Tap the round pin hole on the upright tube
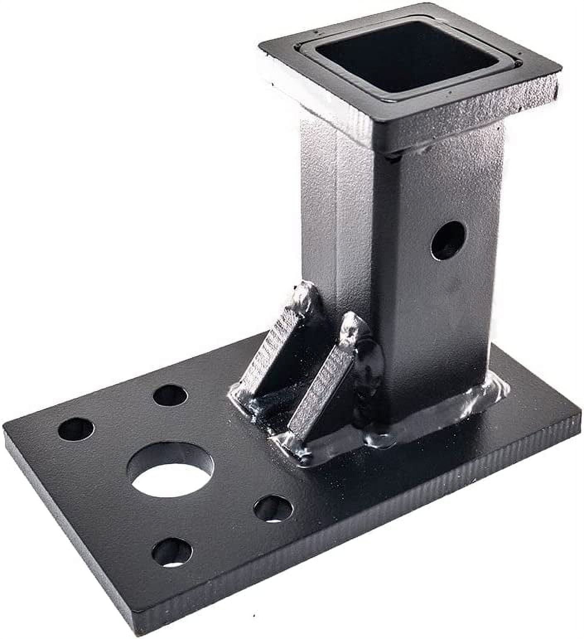[x=448, y=240]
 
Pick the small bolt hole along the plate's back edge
[x=170, y=395]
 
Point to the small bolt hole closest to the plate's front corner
[x=172, y=552]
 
